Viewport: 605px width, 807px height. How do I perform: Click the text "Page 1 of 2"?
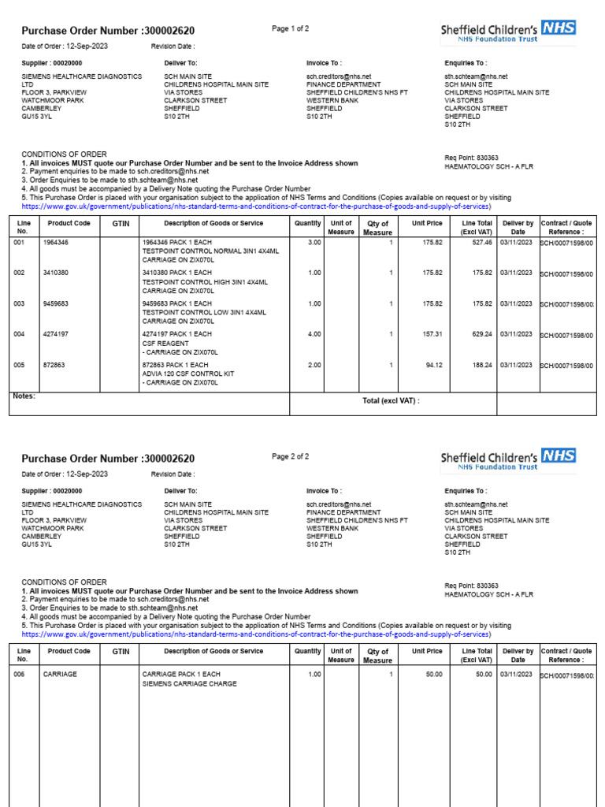coord(291,29)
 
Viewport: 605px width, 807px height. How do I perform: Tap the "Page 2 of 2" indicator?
coord(291,456)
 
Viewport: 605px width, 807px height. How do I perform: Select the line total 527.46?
coord(482,243)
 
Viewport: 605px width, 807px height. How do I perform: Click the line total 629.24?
coord(482,334)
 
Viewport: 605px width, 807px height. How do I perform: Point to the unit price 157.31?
coord(432,334)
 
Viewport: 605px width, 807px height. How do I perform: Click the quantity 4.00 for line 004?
coord(314,334)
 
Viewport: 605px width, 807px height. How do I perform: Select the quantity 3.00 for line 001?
coord(314,243)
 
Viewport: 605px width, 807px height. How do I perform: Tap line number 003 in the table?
coord(20,303)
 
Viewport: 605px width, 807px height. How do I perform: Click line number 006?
coord(20,675)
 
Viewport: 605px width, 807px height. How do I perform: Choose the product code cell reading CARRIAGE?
coord(59,675)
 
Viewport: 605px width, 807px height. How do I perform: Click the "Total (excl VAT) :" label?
coord(391,400)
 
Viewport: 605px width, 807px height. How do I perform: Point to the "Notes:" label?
coord(24,396)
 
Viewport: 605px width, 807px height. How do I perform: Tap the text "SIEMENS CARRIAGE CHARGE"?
coord(189,684)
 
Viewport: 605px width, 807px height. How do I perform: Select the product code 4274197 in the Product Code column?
coord(56,334)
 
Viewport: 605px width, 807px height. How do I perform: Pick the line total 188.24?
coord(482,365)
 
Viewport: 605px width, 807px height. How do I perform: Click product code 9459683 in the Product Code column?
coord(56,303)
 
